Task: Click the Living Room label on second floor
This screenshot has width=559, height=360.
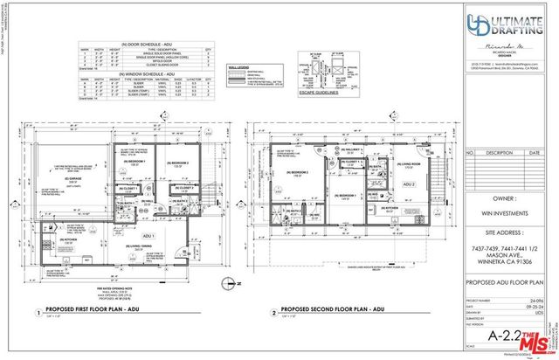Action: (x=411, y=163)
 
